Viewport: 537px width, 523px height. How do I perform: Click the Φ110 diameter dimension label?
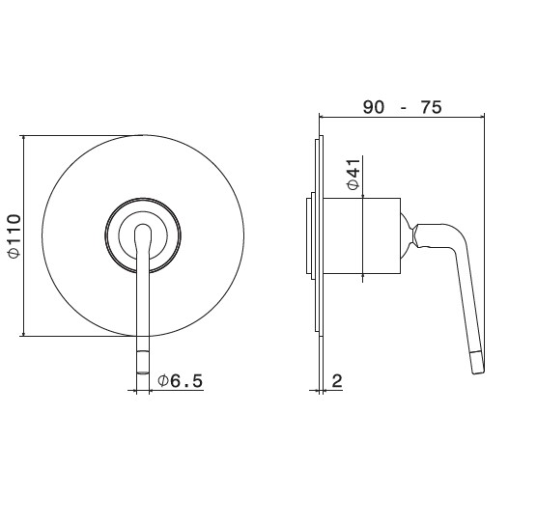coord(14,235)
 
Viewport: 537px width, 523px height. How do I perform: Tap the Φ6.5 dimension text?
coord(181,380)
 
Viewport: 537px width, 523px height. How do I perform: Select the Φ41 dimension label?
coord(353,175)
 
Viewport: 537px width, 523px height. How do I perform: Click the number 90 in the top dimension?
coord(374,107)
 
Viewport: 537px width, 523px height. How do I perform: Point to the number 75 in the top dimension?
coord(431,107)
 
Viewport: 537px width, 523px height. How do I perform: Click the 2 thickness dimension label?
coord(337,380)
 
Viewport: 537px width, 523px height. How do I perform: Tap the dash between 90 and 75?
coord(404,108)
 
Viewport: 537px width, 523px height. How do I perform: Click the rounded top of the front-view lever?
coord(143,229)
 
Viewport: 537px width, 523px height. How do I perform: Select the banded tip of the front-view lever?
coord(143,363)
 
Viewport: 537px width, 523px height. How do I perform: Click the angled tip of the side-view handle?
coord(478,363)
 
